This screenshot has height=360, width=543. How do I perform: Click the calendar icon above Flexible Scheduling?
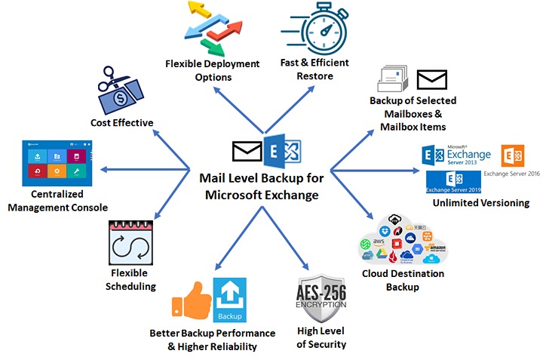coord(131,244)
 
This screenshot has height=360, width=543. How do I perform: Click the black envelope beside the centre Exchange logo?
coord(247,152)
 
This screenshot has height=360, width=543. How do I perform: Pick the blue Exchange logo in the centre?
coord(281,152)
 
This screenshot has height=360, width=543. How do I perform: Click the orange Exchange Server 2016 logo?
coord(513,155)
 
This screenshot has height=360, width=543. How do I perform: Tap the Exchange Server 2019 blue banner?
coord(453,182)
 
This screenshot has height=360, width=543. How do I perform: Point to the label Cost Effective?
coord(122,122)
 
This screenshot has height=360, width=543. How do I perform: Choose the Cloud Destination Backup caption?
coord(403,280)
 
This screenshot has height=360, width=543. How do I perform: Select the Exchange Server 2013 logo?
coord(457,155)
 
